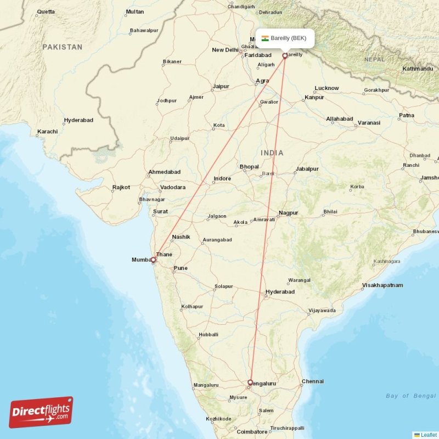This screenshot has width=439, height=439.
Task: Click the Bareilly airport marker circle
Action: [285, 55]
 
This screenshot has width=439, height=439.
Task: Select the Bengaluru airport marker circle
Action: [250, 382]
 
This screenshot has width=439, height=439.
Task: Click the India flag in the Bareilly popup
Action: [265, 38]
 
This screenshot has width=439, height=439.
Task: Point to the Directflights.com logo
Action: [41, 413]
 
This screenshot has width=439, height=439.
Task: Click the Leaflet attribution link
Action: [428, 435]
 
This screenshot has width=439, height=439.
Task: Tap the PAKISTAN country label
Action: [63, 47]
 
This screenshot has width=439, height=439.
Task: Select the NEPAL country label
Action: [374, 59]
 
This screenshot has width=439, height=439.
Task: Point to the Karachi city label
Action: [47, 132]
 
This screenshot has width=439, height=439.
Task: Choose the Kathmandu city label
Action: [418, 69]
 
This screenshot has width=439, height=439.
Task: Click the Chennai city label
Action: [312, 381]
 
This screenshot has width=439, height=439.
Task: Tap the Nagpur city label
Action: [288, 212]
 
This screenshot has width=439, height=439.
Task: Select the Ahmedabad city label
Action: [164, 172]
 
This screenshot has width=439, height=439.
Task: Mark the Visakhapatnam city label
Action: [382, 285]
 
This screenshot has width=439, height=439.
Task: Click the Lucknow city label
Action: [327, 88]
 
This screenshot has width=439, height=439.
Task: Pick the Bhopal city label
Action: [249, 166]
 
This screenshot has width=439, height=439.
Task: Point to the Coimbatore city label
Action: [251, 432]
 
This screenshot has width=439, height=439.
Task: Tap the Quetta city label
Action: [45, 12]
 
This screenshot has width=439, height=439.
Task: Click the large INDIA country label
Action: [272, 153]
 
